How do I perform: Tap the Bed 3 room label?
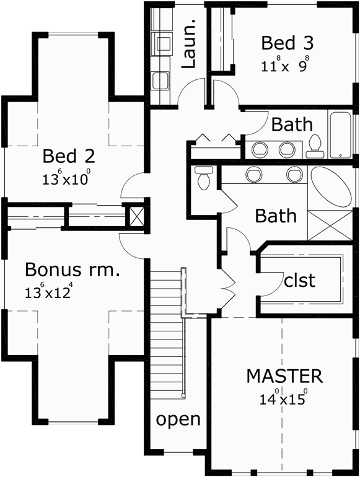click(x=287, y=43)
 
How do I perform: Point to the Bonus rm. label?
click(x=72, y=270)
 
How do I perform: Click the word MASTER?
click(x=284, y=375)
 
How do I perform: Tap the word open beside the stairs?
click(x=178, y=419)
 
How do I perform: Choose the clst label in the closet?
click(x=299, y=280)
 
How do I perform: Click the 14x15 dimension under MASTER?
click(x=284, y=398)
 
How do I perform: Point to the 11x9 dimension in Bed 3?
click(x=285, y=64)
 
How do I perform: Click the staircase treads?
click(x=166, y=328)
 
